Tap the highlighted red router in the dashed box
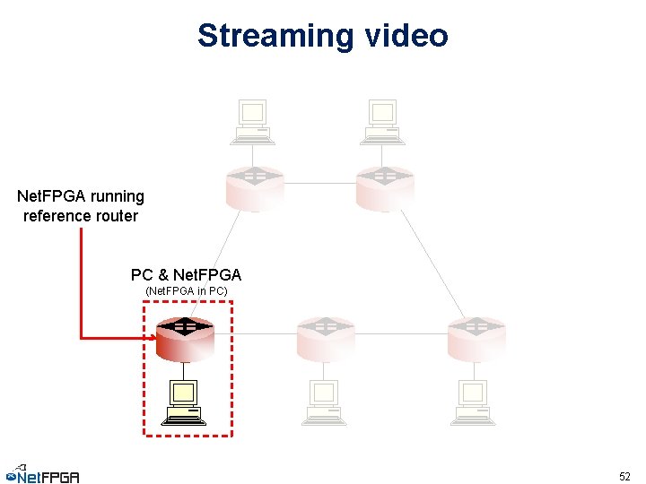tap(185, 338)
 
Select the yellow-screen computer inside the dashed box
tap(184, 402)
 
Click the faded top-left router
tap(253, 186)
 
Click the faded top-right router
tap(384, 186)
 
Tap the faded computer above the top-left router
tap(252, 122)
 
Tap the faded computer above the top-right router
tap(383, 122)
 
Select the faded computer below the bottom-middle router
tap(323, 402)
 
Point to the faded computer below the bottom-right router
tap(473, 402)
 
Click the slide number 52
tap(625, 476)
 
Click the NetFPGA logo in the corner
tap(42, 474)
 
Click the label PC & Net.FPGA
tap(186, 274)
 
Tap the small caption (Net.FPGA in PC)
tap(186, 291)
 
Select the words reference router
tap(81, 216)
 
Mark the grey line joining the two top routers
tap(319, 184)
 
